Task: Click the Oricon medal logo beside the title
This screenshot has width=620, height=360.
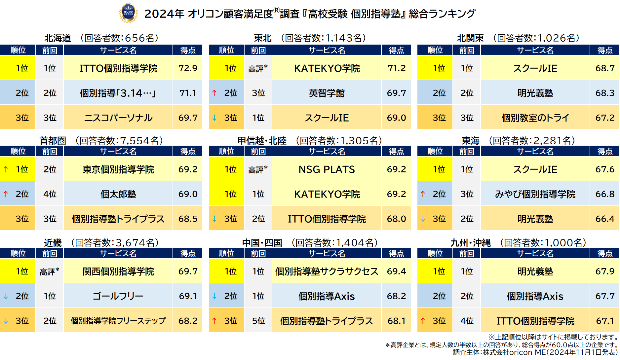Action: pyautogui.click(x=128, y=13)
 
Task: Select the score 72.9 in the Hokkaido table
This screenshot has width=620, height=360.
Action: pyautogui.click(x=188, y=68)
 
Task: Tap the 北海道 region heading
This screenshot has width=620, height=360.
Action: pyautogui.click(x=58, y=38)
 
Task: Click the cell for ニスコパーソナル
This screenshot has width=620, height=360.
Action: pyautogui.click(x=118, y=118)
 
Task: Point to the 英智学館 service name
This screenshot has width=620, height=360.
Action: pyautogui.click(x=327, y=93)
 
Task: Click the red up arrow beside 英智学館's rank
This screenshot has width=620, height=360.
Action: pyautogui.click(x=214, y=93)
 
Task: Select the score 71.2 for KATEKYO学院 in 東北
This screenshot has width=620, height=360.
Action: pyautogui.click(x=396, y=68)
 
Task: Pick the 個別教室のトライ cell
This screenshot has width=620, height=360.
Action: pyautogui.click(x=535, y=118)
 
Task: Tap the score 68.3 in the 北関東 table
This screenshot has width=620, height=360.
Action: pyautogui.click(x=605, y=93)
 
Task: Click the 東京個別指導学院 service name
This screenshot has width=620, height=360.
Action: pyautogui.click(x=118, y=169)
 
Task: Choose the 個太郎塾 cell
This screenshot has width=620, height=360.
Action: pyautogui.click(x=118, y=194)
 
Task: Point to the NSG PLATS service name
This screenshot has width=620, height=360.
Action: pyautogui.click(x=327, y=169)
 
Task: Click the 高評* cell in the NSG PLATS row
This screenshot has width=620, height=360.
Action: pyautogui.click(x=258, y=169)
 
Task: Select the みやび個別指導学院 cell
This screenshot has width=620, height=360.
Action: pyautogui.click(x=535, y=194)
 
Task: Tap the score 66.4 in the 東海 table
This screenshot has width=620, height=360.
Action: pyautogui.click(x=605, y=219)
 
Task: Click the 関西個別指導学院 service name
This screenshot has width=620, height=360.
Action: pyautogui.click(x=118, y=271)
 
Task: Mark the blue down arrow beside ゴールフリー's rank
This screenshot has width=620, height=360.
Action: pyautogui.click(x=6, y=296)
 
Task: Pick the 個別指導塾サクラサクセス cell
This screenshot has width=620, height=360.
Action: pyautogui.click(x=327, y=271)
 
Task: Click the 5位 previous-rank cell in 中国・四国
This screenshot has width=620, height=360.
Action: pyautogui.click(x=258, y=321)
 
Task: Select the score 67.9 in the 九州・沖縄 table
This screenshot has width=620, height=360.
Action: pyautogui.click(x=605, y=271)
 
